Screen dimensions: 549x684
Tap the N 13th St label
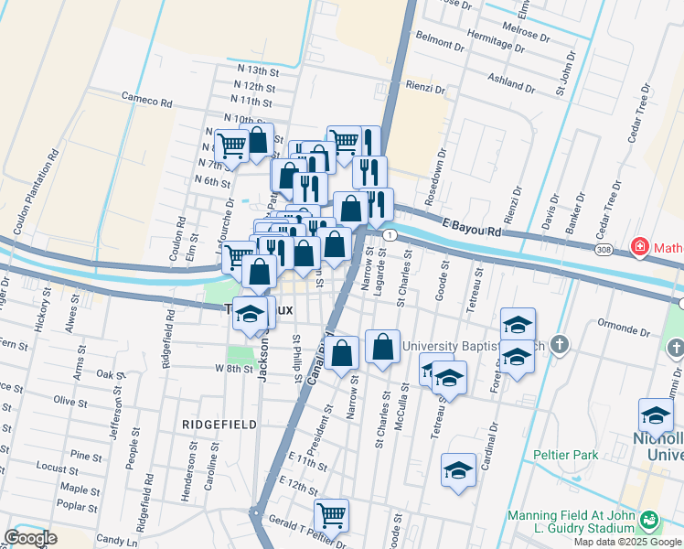[x=256, y=71]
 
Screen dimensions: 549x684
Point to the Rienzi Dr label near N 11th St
[x=425, y=90]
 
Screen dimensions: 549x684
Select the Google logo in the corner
[x=30, y=537]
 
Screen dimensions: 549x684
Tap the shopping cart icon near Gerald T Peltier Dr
[x=330, y=514]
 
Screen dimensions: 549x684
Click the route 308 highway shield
[x=603, y=249]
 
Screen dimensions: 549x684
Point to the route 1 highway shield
[x=390, y=236]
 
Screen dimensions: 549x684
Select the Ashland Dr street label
[x=510, y=79]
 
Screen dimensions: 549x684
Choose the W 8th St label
[x=232, y=368]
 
